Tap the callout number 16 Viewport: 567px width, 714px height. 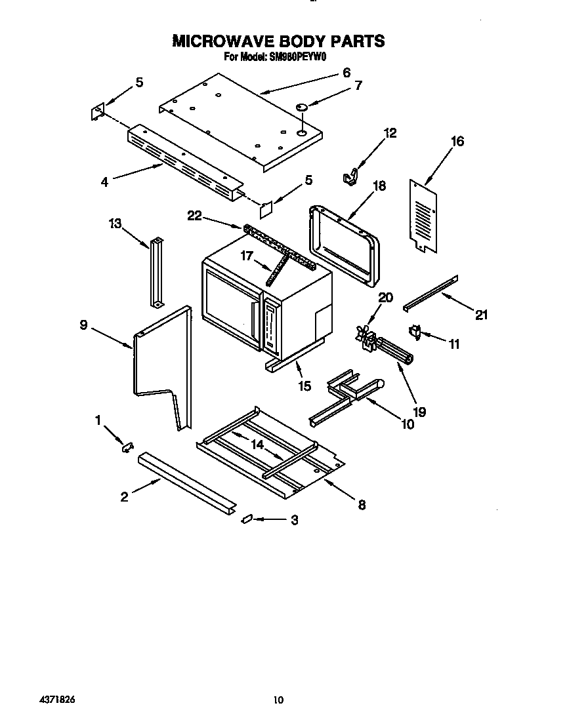[457, 141]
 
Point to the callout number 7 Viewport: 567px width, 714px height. [358, 85]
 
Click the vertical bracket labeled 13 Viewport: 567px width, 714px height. [156, 272]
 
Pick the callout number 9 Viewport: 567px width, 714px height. [84, 324]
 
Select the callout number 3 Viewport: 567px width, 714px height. [294, 520]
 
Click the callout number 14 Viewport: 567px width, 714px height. [258, 444]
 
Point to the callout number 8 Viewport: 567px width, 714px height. [362, 505]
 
